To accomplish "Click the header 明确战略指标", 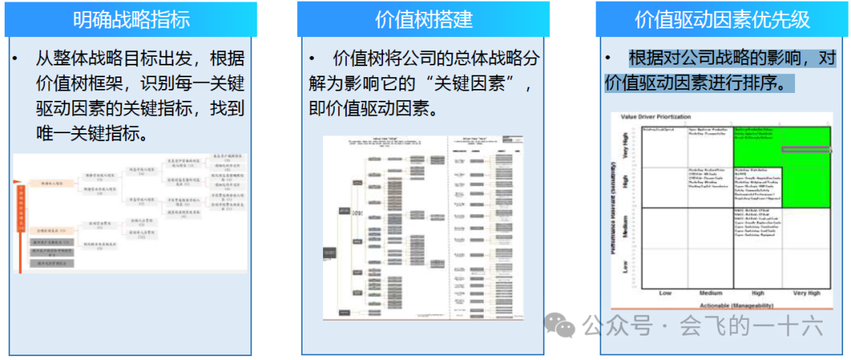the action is [132, 19].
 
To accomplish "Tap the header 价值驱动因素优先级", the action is [723, 19].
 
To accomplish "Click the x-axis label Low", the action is [665, 293].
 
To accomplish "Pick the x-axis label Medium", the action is [711, 293].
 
